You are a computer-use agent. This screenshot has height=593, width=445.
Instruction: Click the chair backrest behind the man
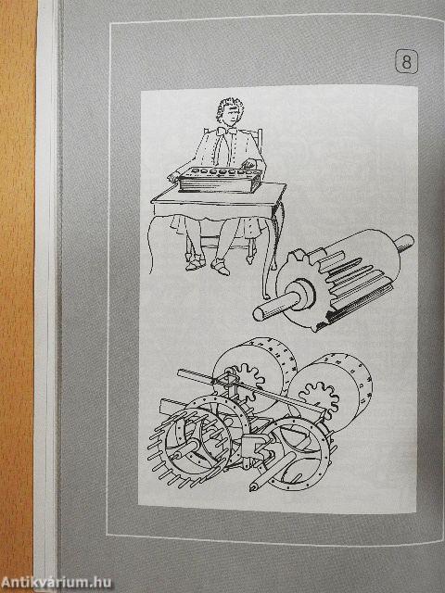click(x=258, y=148)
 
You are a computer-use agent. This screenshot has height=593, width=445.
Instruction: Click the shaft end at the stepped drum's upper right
click(x=404, y=243)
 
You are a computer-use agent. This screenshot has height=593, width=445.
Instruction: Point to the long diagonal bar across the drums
click(x=250, y=389)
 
